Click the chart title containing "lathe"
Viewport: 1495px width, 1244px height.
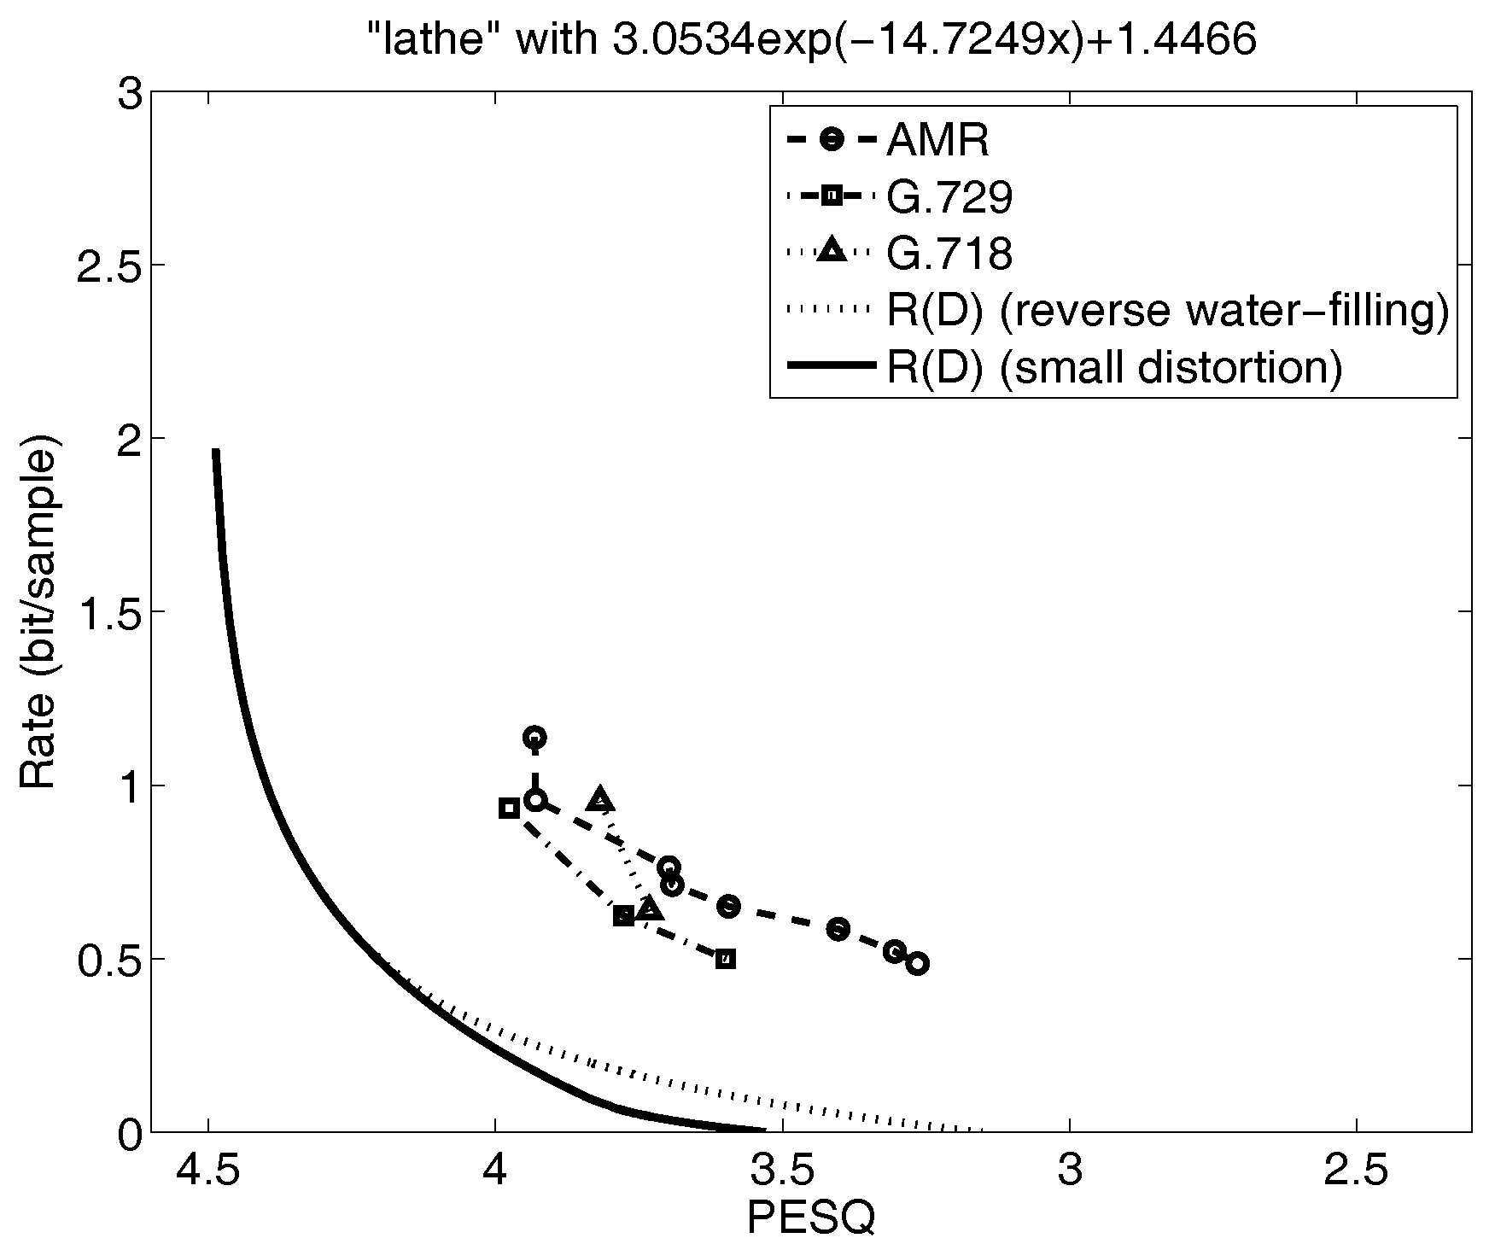tap(817, 40)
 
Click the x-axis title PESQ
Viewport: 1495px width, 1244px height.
tap(810, 1218)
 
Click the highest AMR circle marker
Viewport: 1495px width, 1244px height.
tap(534, 737)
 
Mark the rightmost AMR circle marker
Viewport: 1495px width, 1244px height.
tap(918, 964)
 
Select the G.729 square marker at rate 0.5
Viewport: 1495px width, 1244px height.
tap(725, 959)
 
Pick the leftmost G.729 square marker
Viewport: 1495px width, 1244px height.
tap(509, 809)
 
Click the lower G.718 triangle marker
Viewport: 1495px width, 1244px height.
tap(650, 908)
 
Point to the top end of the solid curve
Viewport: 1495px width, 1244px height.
tap(216, 452)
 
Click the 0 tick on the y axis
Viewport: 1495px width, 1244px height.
tap(128, 1132)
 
